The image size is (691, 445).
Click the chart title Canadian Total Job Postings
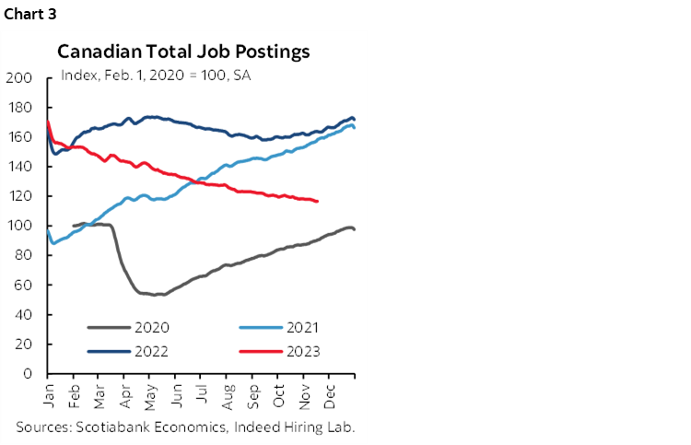coord(184,51)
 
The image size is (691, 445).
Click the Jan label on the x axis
coord(48,392)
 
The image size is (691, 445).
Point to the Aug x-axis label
coord(228,392)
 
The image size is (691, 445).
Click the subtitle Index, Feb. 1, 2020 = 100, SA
coord(156,75)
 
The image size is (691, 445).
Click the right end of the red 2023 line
coord(318,201)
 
